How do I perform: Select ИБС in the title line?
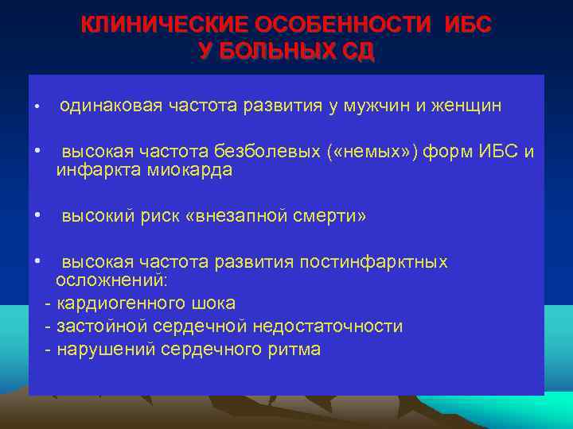469,25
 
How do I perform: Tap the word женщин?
466,107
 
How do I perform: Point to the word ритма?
296,350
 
